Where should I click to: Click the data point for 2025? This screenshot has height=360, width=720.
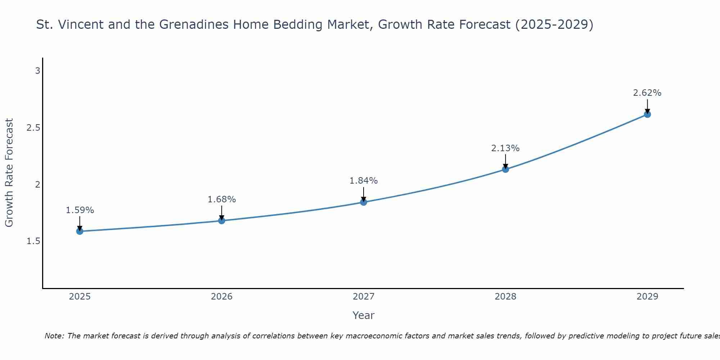[x=80, y=231]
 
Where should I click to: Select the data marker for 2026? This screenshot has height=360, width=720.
[x=222, y=220]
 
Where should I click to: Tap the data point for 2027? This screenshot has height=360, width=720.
[x=364, y=202]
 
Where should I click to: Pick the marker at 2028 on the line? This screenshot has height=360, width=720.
[x=505, y=169]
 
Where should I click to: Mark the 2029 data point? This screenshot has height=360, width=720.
[x=647, y=114]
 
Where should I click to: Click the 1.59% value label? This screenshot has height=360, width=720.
[x=80, y=210]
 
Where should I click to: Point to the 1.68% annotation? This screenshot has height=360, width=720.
[x=222, y=199]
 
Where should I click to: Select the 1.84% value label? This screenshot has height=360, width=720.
[x=364, y=181]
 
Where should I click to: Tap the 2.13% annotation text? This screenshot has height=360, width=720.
[x=505, y=148]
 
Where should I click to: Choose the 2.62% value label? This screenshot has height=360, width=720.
[x=647, y=93]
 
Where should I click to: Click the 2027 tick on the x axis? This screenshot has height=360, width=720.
[x=364, y=297]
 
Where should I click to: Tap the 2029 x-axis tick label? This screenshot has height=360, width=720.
[x=647, y=297]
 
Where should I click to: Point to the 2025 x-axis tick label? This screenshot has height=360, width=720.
[x=80, y=297]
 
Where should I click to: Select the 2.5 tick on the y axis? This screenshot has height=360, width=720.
[x=33, y=128]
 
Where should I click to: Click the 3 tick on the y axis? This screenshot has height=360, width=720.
[x=37, y=71]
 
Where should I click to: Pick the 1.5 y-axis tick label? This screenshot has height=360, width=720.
[x=33, y=241]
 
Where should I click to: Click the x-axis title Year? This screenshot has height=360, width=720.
[x=364, y=315]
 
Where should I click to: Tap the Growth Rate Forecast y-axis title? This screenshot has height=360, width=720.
[x=9, y=173]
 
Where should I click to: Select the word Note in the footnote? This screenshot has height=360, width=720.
[x=54, y=336]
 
